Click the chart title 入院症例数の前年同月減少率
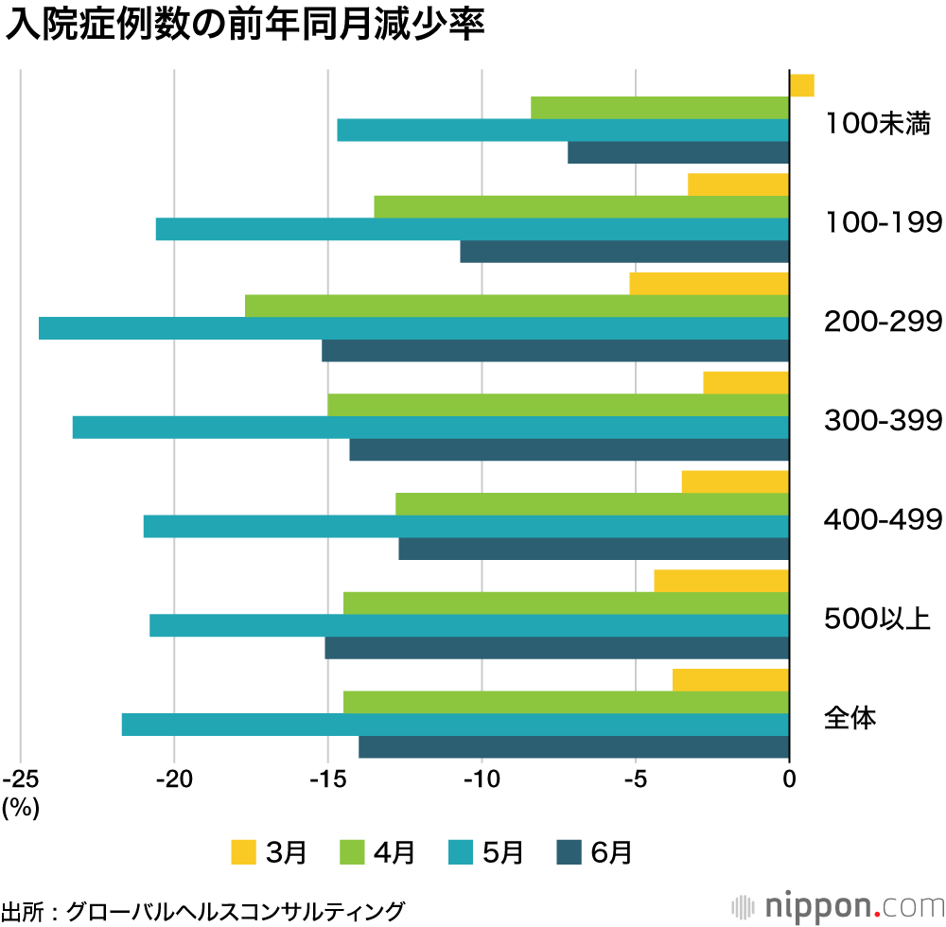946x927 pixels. [x=245, y=26]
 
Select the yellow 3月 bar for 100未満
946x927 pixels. [x=801, y=85]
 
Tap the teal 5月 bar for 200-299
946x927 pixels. [x=413, y=328]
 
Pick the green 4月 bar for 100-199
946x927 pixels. [x=581, y=206]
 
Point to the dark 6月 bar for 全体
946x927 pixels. [x=573, y=747]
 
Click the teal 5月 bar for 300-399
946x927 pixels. [x=430, y=428]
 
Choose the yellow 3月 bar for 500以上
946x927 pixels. [x=721, y=581]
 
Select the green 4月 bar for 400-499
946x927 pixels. [x=592, y=504]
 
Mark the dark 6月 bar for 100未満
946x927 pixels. [x=678, y=152]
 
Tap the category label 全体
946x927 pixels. [x=850, y=718]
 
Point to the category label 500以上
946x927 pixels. [x=878, y=620]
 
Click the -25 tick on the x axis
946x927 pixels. [x=21, y=778]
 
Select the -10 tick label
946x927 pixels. [x=482, y=778]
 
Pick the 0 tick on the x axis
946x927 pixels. [x=789, y=778]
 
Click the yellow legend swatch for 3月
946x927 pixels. [x=244, y=852]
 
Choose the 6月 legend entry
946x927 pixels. [x=594, y=852]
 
